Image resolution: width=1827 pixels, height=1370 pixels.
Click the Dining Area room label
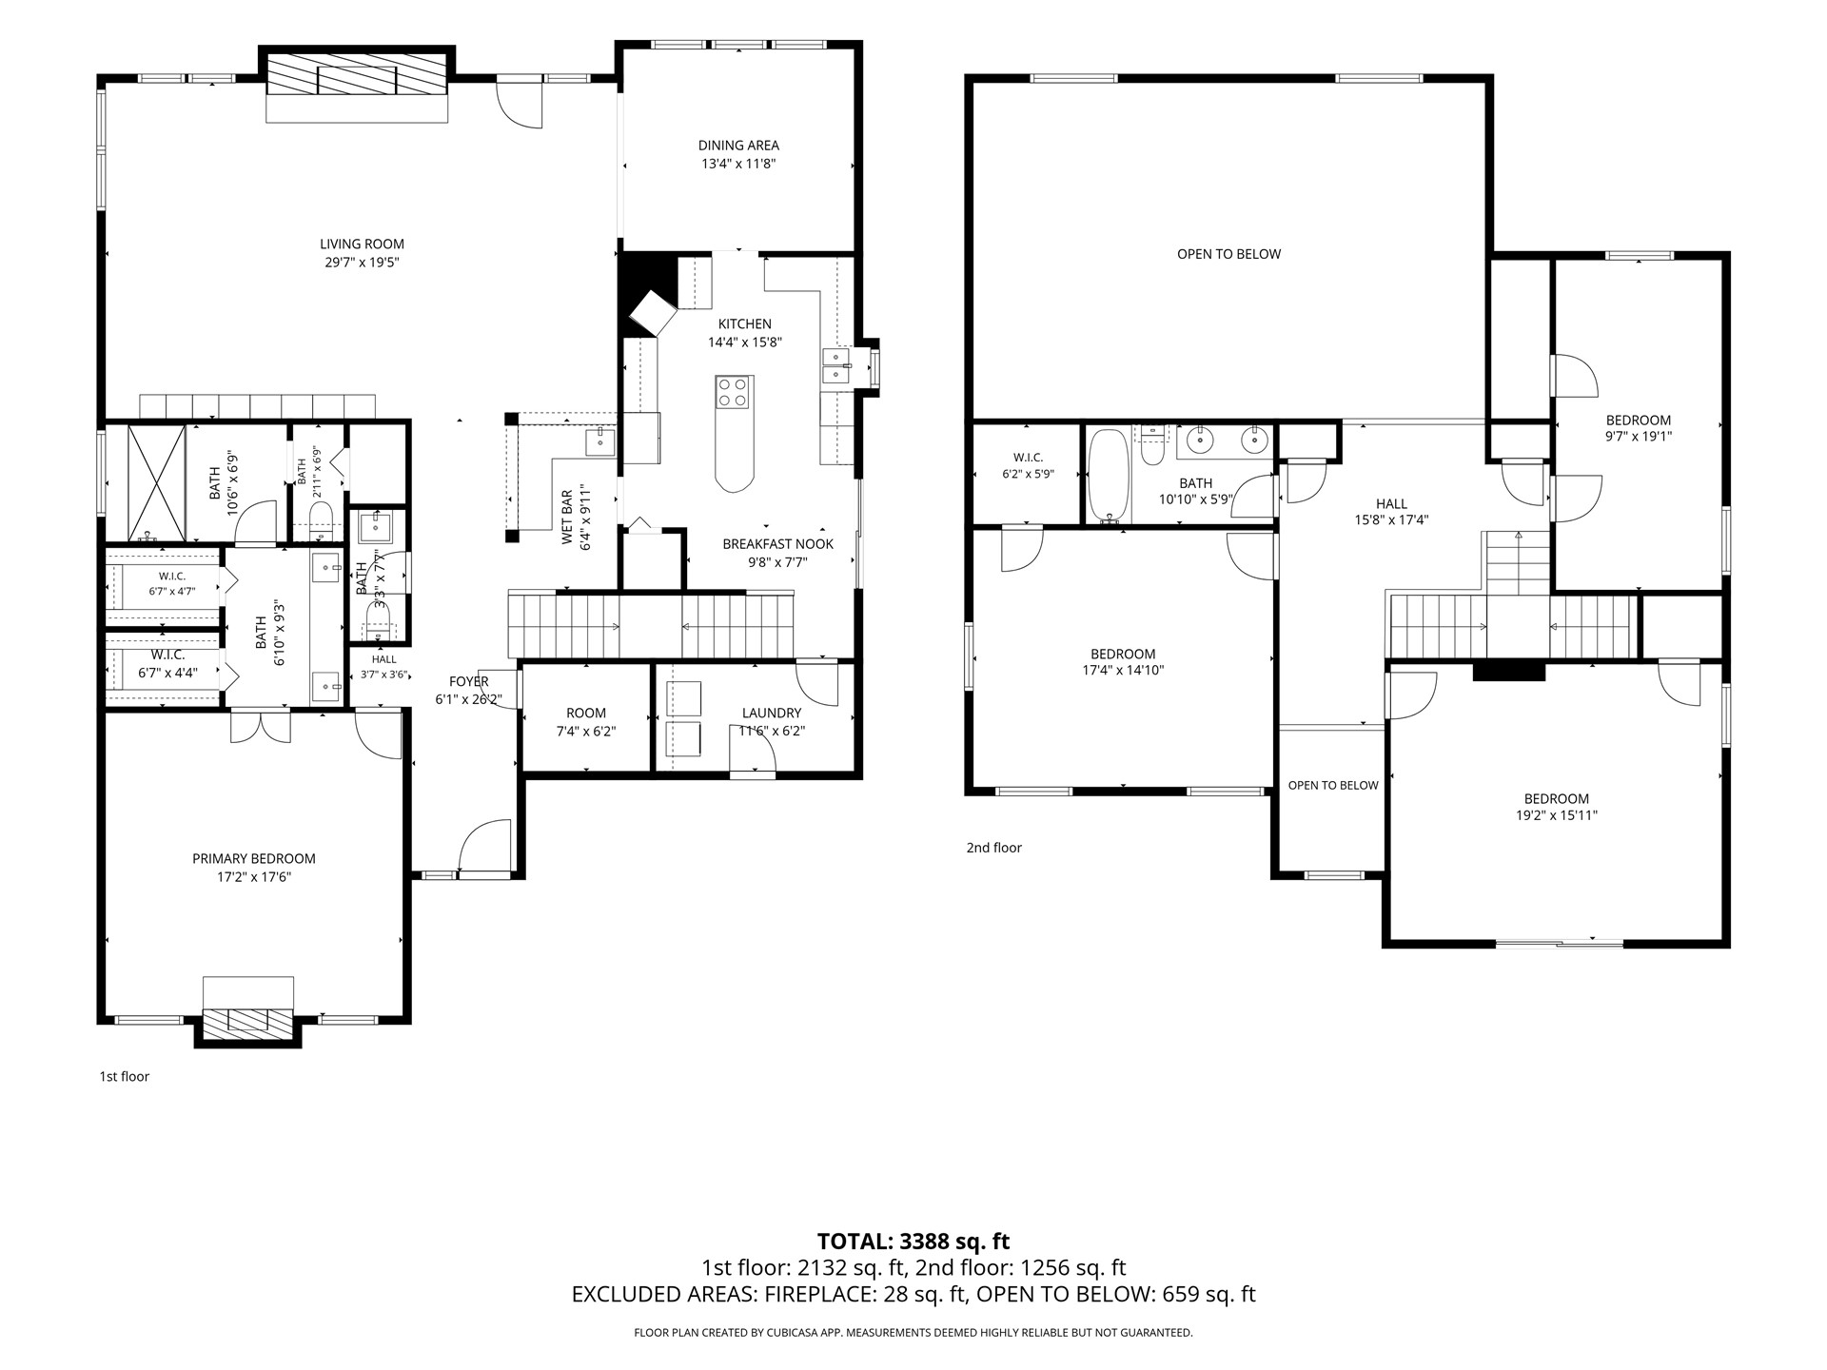tap(738, 146)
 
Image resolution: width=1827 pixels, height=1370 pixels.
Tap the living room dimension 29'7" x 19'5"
tap(362, 263)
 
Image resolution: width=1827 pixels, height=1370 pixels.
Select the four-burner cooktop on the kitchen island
tap(733, 393)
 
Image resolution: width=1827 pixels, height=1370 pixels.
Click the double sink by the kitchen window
tap(835, 366)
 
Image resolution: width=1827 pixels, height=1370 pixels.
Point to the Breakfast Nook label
tap(777, 544)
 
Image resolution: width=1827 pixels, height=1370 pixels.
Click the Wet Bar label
tap(567, 519)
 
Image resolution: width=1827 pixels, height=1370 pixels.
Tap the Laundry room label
tap(772, 713)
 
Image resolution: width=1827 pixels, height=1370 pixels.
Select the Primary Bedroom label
tap(253, 858)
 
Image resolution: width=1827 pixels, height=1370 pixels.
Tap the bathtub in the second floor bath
tap(1109, 476)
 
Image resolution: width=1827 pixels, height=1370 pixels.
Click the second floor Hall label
tap(1391, 504)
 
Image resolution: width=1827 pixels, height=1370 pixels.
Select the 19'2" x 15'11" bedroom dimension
tap(1557, 815)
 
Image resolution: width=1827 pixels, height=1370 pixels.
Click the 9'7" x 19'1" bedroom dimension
tap(1639, 437)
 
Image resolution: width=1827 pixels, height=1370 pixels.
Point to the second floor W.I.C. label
tap(1028, 458)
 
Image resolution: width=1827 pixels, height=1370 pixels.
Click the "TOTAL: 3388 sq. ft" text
tap(913, 1242)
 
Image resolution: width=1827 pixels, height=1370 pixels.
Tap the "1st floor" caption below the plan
tap(125, 1077)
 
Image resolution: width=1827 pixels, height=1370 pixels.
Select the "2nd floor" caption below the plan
tap(994, 848)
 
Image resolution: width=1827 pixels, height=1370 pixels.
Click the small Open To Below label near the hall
tap(1333, 785)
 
